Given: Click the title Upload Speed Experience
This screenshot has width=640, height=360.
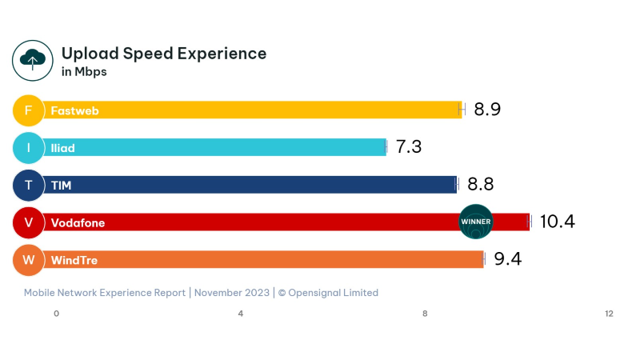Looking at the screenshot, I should [164, 54].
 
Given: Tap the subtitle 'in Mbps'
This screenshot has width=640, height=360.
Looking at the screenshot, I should [84, 72].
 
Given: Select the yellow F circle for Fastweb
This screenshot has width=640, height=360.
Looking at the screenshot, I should [29, 110].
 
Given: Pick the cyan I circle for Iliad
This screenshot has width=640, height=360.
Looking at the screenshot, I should [29, 147].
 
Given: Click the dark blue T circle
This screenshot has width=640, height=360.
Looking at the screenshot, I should [29, 185].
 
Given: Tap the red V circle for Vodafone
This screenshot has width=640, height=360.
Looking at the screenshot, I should [29, 222].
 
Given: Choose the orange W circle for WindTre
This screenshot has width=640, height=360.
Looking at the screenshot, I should [29, 260].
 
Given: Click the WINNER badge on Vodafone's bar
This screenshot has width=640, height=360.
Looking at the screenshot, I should [476, 222].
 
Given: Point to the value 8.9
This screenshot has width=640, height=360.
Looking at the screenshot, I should [486, 110].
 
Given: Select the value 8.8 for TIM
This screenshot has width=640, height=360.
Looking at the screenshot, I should [480, 185].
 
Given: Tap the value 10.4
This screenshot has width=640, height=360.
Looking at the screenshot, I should [558, 222].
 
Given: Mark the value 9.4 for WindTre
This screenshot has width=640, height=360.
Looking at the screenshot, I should [507, 259].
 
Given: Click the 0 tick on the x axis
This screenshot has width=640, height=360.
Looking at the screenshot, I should [56, 313].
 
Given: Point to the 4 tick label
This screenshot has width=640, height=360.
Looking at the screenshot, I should [241, 313].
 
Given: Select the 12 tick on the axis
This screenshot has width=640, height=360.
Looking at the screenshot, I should [609, 313].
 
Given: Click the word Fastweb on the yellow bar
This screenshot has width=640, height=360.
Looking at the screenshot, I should [74, 110].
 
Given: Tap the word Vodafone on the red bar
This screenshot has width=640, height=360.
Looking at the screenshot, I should [78, 222].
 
